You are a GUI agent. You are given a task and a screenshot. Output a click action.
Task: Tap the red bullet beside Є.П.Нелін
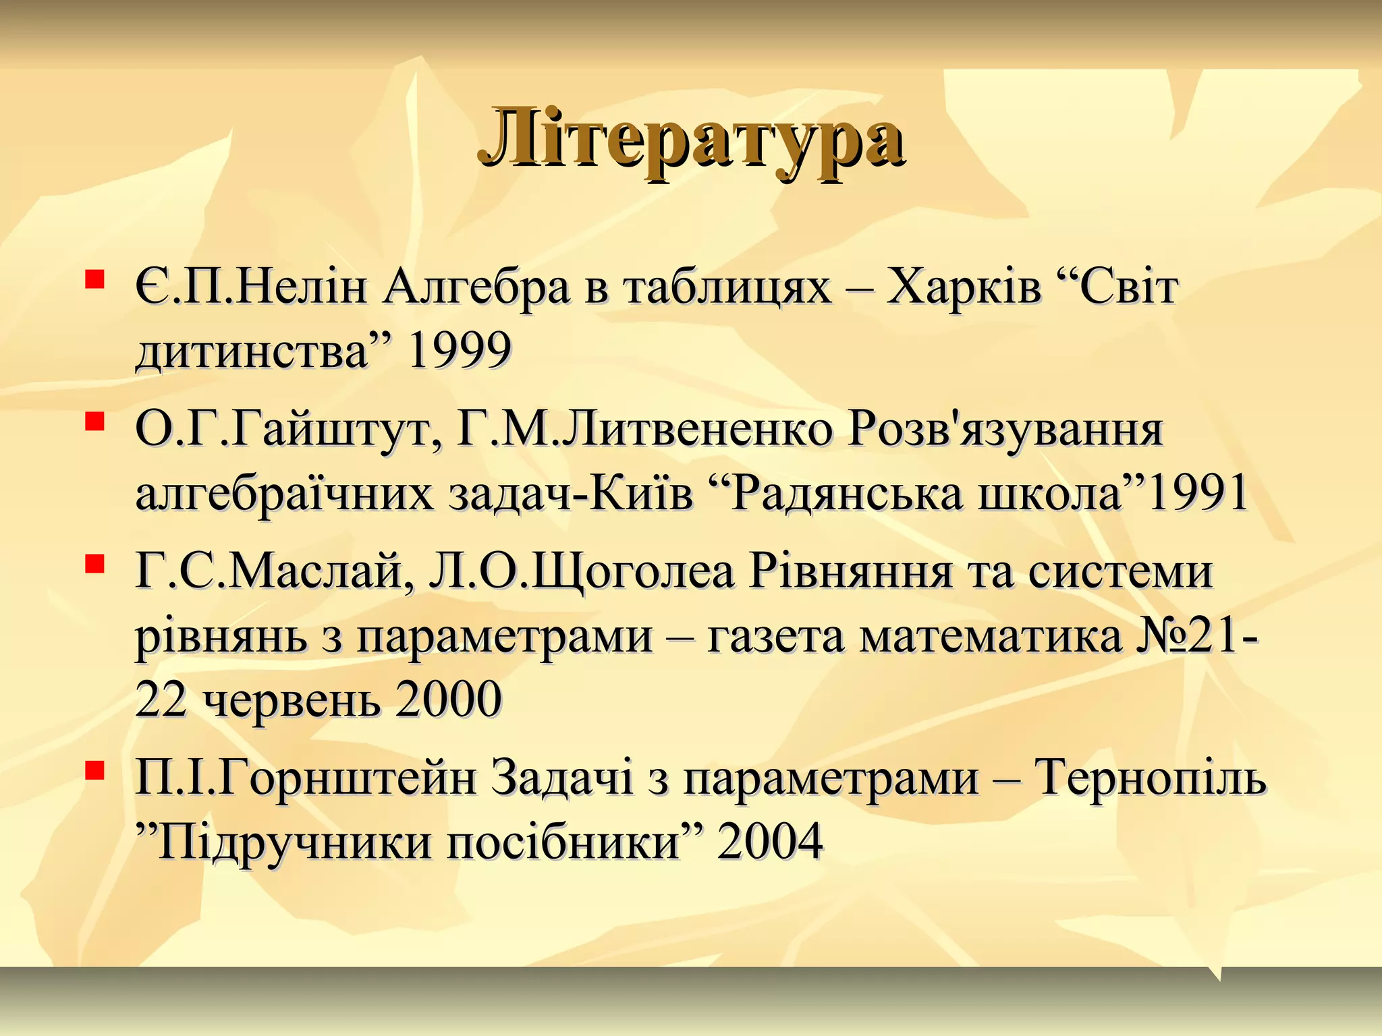(94, 279)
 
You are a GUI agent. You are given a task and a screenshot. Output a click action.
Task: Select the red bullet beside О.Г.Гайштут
(94, 422)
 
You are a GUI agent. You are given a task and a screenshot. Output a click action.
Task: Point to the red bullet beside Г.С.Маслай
(94, 563)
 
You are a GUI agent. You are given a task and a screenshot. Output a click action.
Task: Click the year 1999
(460, 351)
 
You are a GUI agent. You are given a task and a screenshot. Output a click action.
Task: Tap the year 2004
(770, 842)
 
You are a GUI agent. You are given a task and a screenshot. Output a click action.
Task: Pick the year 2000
(448, 699)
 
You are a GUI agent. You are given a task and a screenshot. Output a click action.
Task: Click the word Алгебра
(476, 287)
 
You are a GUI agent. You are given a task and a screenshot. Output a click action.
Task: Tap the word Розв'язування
(1005, 430)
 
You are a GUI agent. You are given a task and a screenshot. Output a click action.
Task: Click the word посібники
(563, 842)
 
